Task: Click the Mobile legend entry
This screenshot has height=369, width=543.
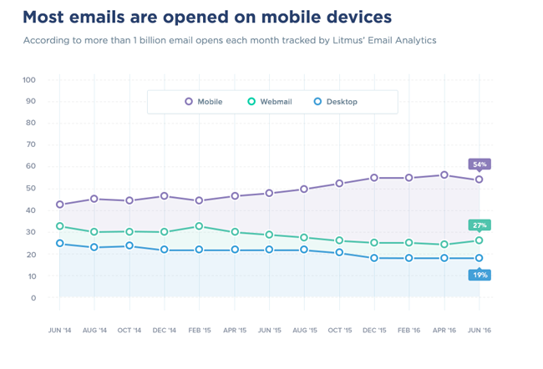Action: tap(203, 102)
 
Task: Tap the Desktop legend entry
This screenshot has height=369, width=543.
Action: tap(336, 102)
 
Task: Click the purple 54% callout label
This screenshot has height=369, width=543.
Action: tap(480, 164)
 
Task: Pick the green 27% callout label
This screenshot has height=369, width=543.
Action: tap(480, 225)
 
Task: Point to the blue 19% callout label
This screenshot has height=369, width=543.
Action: tap(480, 275)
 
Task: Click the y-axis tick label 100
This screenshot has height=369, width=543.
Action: tap(29, 80)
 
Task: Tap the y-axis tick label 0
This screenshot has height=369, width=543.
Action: tap(33, 298)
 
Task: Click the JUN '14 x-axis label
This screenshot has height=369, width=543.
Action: tap(59, 331)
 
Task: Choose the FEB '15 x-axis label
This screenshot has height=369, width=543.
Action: tap(199, 331)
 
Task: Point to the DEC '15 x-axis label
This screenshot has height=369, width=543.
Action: tap(374, 331)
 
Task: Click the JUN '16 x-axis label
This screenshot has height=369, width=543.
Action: tap(479, 331)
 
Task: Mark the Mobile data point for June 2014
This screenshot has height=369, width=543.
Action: tap(59, 205)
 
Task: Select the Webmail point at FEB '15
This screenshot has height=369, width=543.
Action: tap(199, 226)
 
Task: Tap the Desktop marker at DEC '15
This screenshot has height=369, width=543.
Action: tap(374, 258)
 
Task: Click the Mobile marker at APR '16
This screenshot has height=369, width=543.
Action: tap(444, 175)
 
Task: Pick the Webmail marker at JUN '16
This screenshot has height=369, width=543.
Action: tap(480, 240)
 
